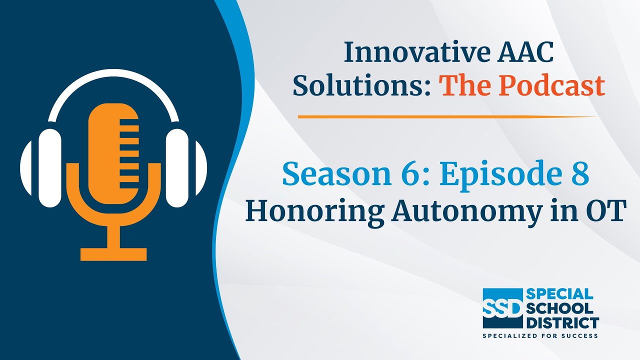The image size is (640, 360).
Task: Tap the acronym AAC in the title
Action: point(525,52)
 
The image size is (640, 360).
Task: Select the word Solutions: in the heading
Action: point(361,85)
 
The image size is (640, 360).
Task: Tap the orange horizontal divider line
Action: point(448,116)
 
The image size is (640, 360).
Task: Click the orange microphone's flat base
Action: point(113,254)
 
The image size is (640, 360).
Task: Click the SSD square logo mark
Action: point(502,308)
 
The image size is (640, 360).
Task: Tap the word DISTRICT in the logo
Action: point(562,323)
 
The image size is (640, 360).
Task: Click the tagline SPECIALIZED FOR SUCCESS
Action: point(540,335)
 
